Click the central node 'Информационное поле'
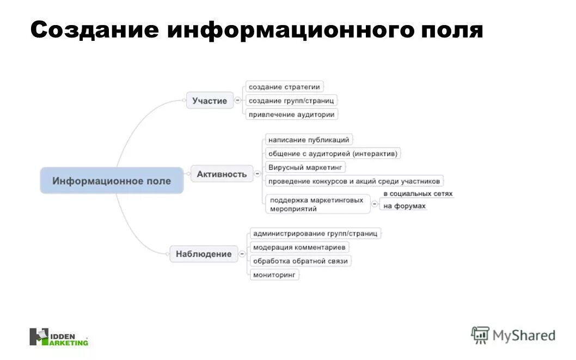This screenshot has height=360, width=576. (112, 181)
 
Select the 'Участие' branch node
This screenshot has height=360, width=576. (210, 101)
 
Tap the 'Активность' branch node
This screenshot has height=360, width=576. (222, 174)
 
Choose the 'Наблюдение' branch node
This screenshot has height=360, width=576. (204, 254)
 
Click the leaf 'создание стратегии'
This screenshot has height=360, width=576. (284, 87)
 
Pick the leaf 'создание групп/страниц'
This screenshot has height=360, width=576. (291, 101)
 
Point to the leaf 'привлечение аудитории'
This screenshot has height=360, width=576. (291, 114)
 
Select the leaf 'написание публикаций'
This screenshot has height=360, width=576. (309, 140)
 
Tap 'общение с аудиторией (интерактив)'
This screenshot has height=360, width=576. (333, 154)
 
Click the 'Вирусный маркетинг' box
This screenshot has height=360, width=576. (305, 167)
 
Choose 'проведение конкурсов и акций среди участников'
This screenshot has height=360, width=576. (354, 181)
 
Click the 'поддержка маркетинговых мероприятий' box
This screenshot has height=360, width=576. (317, 204)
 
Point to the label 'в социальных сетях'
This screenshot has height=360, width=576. (418, 194)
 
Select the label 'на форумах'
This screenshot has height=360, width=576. (405, 206)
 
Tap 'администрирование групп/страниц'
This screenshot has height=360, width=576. (315, 234)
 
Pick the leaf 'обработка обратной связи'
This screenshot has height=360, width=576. (301, 261)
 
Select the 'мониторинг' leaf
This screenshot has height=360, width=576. (274, 275)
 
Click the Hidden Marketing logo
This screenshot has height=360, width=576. (59, 337)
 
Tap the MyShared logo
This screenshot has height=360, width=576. (513, 335)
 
